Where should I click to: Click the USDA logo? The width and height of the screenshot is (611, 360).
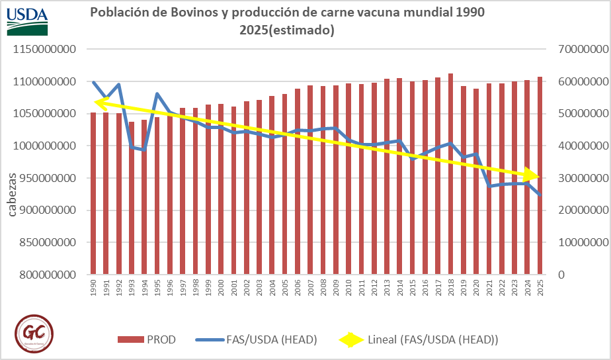click(x=28, y=20)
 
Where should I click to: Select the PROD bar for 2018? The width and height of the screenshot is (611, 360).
click(x=450, y=173)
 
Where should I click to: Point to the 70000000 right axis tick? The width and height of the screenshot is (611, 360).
click(x=577, y=50)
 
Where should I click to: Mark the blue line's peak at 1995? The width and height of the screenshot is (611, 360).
click(x=157, y=94)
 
